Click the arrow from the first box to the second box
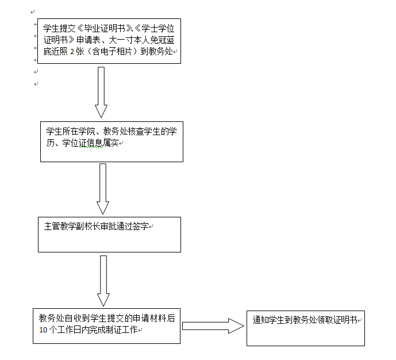101,92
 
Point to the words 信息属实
104,143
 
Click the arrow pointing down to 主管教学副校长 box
103,189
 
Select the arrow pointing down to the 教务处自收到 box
103,281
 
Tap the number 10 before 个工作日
43,330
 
